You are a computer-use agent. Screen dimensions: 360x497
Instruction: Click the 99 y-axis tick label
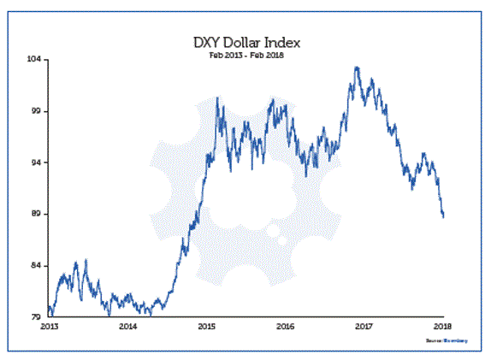(x=38, y=111)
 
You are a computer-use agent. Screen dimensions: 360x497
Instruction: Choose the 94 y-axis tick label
(x=38, y=162)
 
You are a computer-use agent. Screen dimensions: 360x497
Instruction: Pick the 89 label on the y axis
(x=38, y=214)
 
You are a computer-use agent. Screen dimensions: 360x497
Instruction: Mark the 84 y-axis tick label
(x=38, y=266)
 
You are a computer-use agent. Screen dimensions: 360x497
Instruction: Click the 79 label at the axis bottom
(x=38, y=317)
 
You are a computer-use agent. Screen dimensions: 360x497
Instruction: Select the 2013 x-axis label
(x=50, y=327)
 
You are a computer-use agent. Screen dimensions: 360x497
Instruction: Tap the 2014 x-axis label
(x=128, y=327)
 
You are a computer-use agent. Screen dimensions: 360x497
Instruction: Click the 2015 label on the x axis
(x=207, y=327)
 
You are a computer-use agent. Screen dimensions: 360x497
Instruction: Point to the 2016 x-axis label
(x=286, y=327)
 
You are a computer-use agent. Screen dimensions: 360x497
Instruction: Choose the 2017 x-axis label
(x=364, y=327)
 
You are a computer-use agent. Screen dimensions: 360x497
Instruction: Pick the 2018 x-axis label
(x=442, y=327)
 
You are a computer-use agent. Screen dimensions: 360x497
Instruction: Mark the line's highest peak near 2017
(x=356, y=67)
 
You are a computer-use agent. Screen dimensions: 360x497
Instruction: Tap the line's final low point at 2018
(x=443, y=217)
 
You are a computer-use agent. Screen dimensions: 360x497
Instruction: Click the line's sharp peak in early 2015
(x=217, y=98)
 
